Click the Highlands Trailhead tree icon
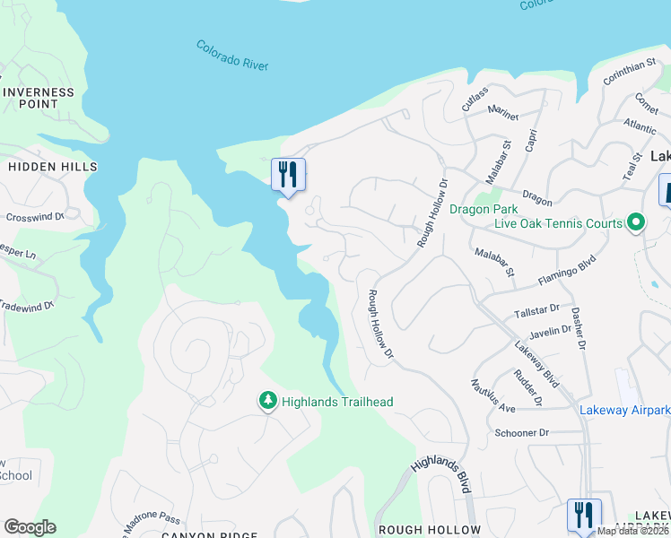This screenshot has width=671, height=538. coord(267,402)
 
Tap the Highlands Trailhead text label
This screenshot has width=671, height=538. coord(337,403)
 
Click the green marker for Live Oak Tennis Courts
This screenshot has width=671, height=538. coord(636,221)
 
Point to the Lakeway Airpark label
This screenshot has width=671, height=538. coord(623,410)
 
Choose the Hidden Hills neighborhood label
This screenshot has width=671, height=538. coord(52,167)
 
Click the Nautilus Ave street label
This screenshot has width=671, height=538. coord(493,395)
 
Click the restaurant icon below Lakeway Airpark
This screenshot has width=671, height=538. coord(584,515)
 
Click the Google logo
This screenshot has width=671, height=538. coord(30,527)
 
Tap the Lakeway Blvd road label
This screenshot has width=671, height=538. coord(536,364)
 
